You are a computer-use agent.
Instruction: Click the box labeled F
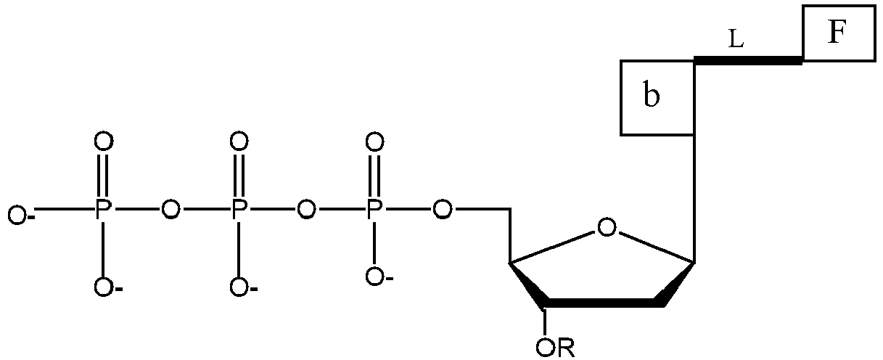coord(839,33)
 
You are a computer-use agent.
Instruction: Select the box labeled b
coord(657,97)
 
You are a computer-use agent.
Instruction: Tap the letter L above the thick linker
coord(736,41)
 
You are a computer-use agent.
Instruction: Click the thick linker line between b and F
coord(748,61)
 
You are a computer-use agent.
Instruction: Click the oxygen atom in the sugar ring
coord(607,228)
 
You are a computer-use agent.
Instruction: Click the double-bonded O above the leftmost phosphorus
coord(103,141)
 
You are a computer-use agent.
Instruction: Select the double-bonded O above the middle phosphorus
coord(239,141)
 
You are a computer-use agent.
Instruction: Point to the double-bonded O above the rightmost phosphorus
coord(374,141)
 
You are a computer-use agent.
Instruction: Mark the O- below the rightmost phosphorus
coord(377,277)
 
